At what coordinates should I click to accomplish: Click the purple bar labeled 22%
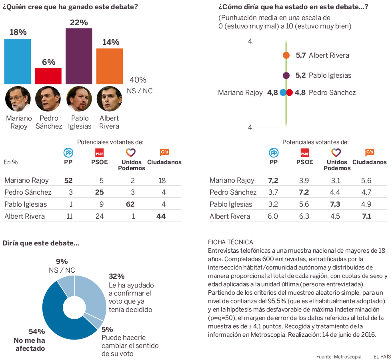coord(79,56)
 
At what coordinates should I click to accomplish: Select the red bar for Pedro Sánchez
coord(48,76)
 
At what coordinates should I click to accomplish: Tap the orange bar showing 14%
coord(109,66)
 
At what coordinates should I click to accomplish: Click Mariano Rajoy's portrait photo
coord(18,99)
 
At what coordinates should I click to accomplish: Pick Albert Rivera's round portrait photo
coord(109,99)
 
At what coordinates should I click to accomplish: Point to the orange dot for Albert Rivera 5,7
coord(286,55)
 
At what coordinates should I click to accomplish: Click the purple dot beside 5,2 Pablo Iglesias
coord(286,75)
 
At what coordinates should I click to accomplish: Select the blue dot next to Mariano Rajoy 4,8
coord(283,93)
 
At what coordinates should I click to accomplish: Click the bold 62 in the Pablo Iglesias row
coord(131,204)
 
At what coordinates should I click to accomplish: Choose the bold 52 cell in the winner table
coord(68,181)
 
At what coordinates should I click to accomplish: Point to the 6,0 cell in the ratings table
coord(274,216)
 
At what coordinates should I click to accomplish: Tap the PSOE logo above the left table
coord(99,153)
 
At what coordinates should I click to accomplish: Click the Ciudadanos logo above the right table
coord(370,153)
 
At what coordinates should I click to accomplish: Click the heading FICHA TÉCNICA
coord(230,242)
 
